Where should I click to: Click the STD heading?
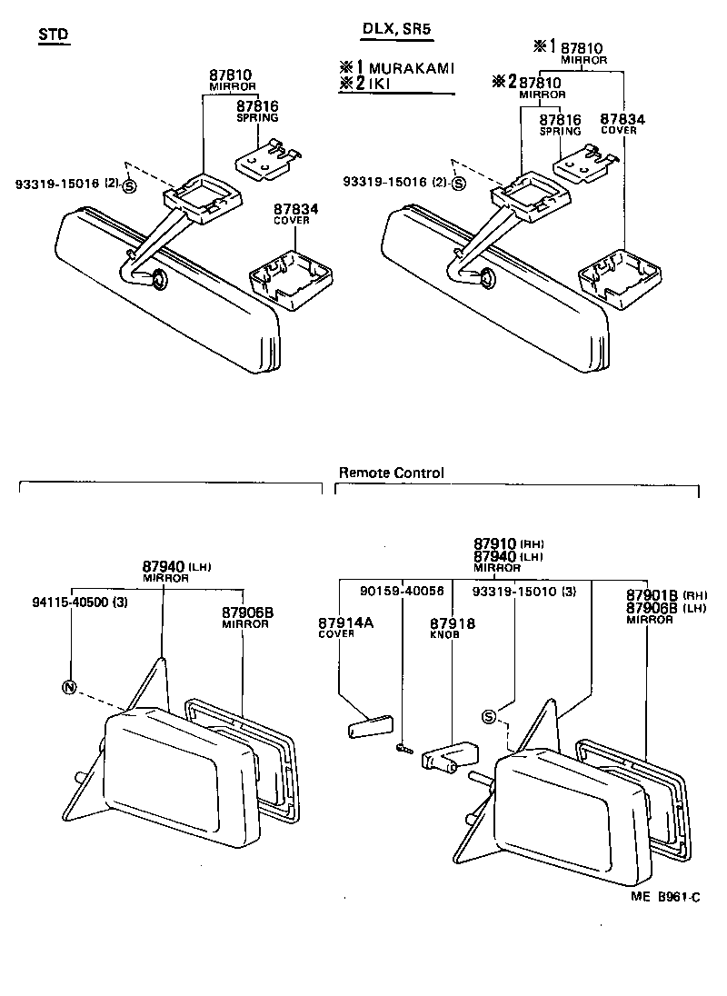coord(54,35)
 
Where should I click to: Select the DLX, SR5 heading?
coord(396,29)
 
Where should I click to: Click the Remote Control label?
coord(391,473)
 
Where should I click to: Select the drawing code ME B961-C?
coord(666,897)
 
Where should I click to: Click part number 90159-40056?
coord(401,591)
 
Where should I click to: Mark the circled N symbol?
coord(69,686)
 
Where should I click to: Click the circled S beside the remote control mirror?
coord(489,717)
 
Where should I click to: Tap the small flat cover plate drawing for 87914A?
coord(366,728)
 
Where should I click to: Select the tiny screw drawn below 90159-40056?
coord(403,749)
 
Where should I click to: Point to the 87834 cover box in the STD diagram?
coord(289,276)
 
